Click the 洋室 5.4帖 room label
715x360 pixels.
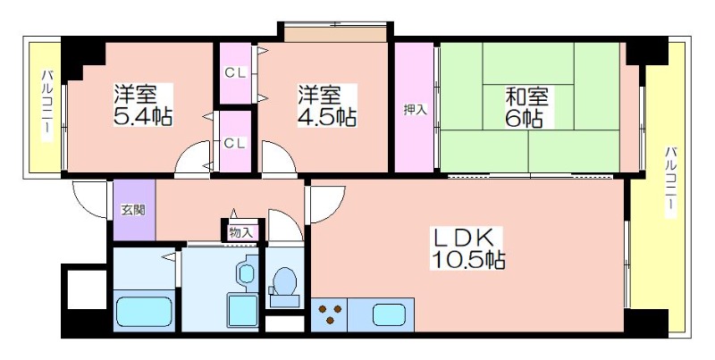click(x=143, y=105)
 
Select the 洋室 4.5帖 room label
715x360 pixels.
click(x=327, y=105)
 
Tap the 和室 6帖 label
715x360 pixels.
click(x=526, y=106)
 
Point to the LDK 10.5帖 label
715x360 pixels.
click(x=467, y=248)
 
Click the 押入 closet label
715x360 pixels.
click(x=415, y=109)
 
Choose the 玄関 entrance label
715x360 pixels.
click(x=133, y=210)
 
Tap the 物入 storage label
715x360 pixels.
click(x=240, y=232)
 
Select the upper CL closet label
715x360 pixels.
click(x=236, y=72)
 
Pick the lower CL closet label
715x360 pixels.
click(x=235, y=143)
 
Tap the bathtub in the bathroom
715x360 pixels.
click(x=144, y=312)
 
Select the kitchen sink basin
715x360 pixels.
click(x=389, y=314)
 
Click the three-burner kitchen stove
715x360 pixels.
click(x=330, y=314)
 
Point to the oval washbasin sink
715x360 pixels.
click(x=247, y=274)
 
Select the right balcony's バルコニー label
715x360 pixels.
click(x=669, y=182)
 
